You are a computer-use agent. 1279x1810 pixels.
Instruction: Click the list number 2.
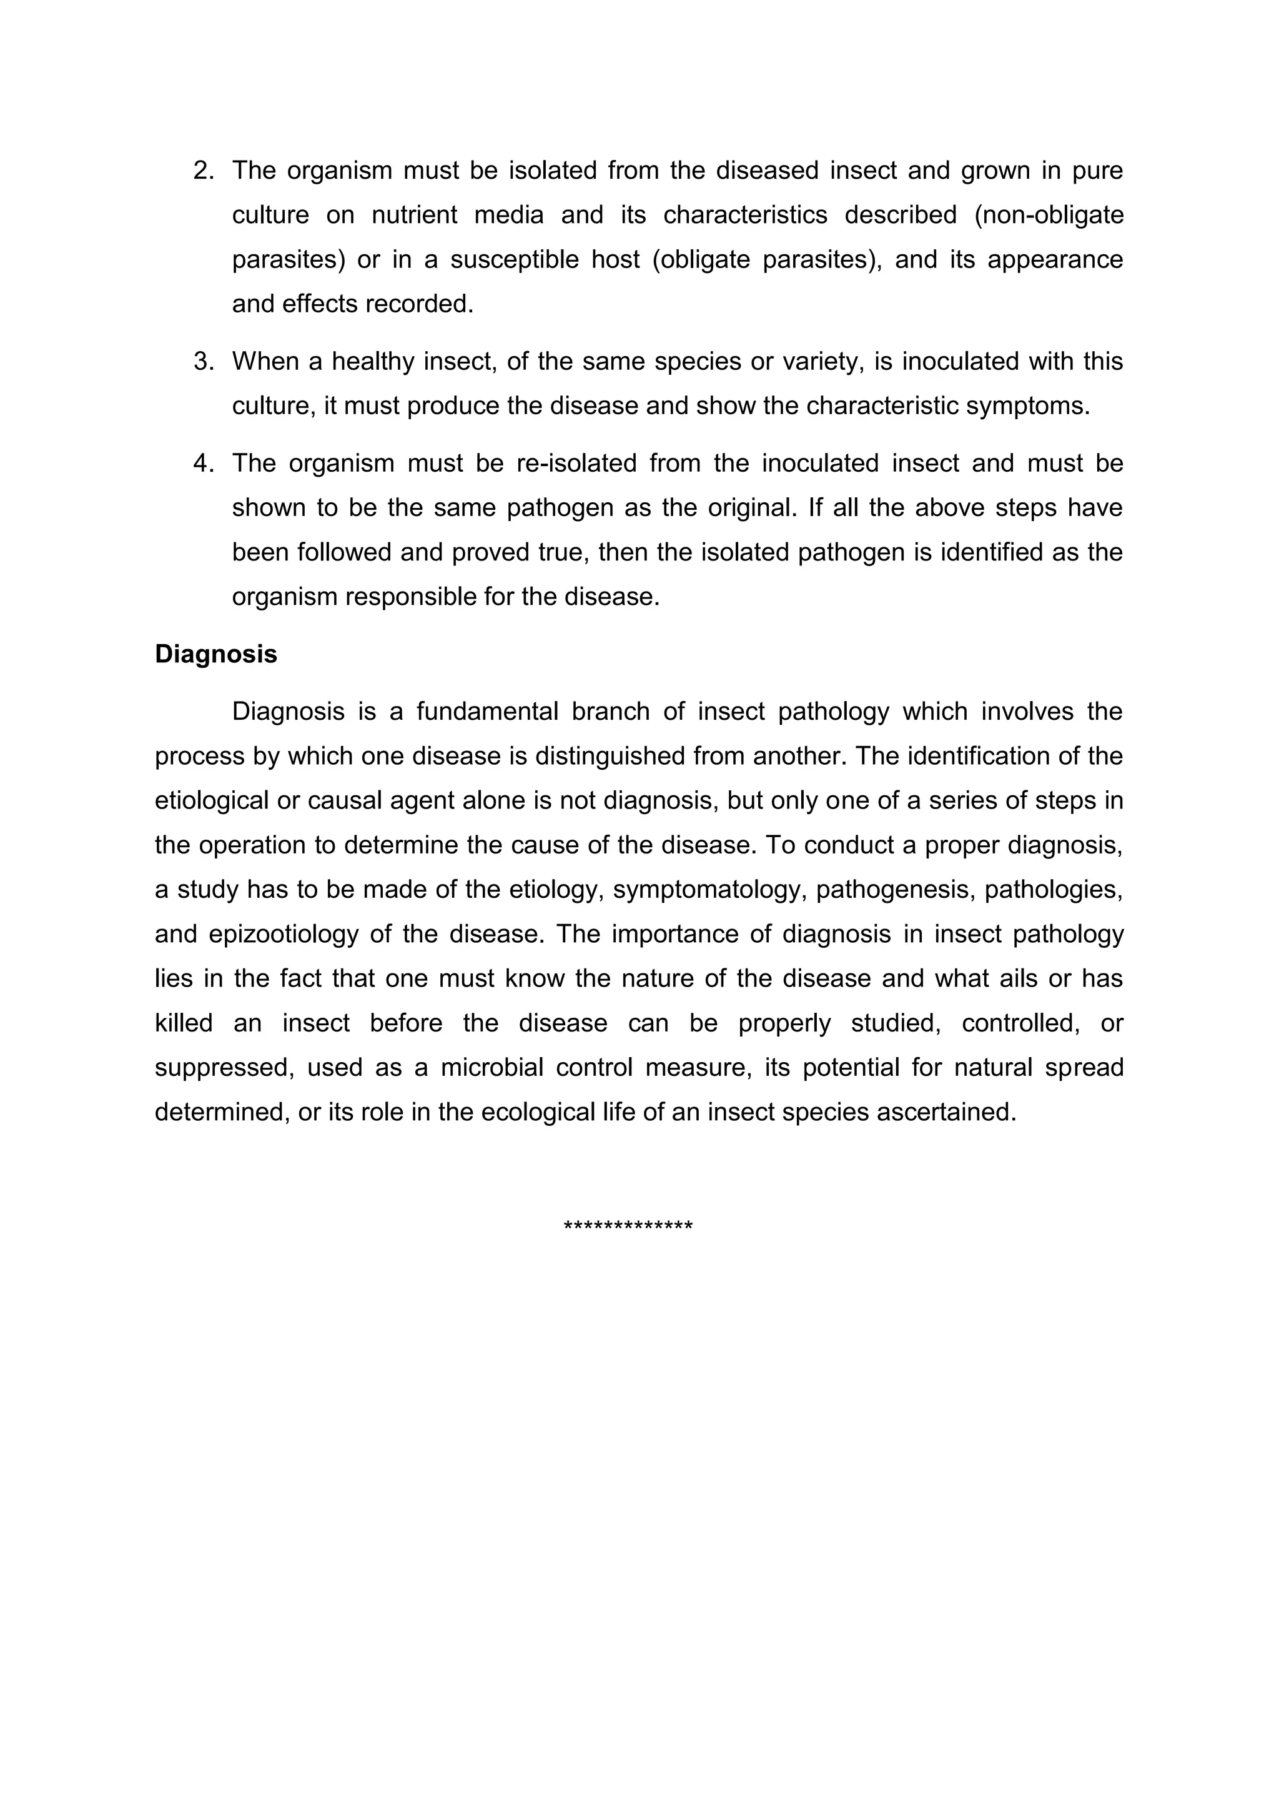point(204,171)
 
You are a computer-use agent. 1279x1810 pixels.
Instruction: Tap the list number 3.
point(204,362)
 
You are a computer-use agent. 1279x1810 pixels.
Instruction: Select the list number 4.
point(204,464)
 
